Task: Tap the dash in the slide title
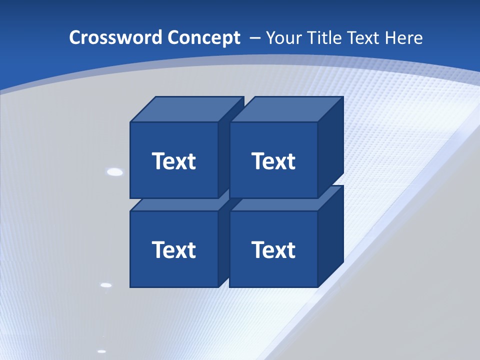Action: [x=254, y=37]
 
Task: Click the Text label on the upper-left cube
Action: [x=173, y=161]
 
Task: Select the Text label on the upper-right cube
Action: [x=273, y=161]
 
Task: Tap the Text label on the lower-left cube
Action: [x=173, y=249]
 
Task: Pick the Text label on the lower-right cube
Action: [x=273, y=249]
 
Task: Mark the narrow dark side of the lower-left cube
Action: [x=223, y=245]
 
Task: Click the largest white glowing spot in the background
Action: [x=115, y=172]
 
